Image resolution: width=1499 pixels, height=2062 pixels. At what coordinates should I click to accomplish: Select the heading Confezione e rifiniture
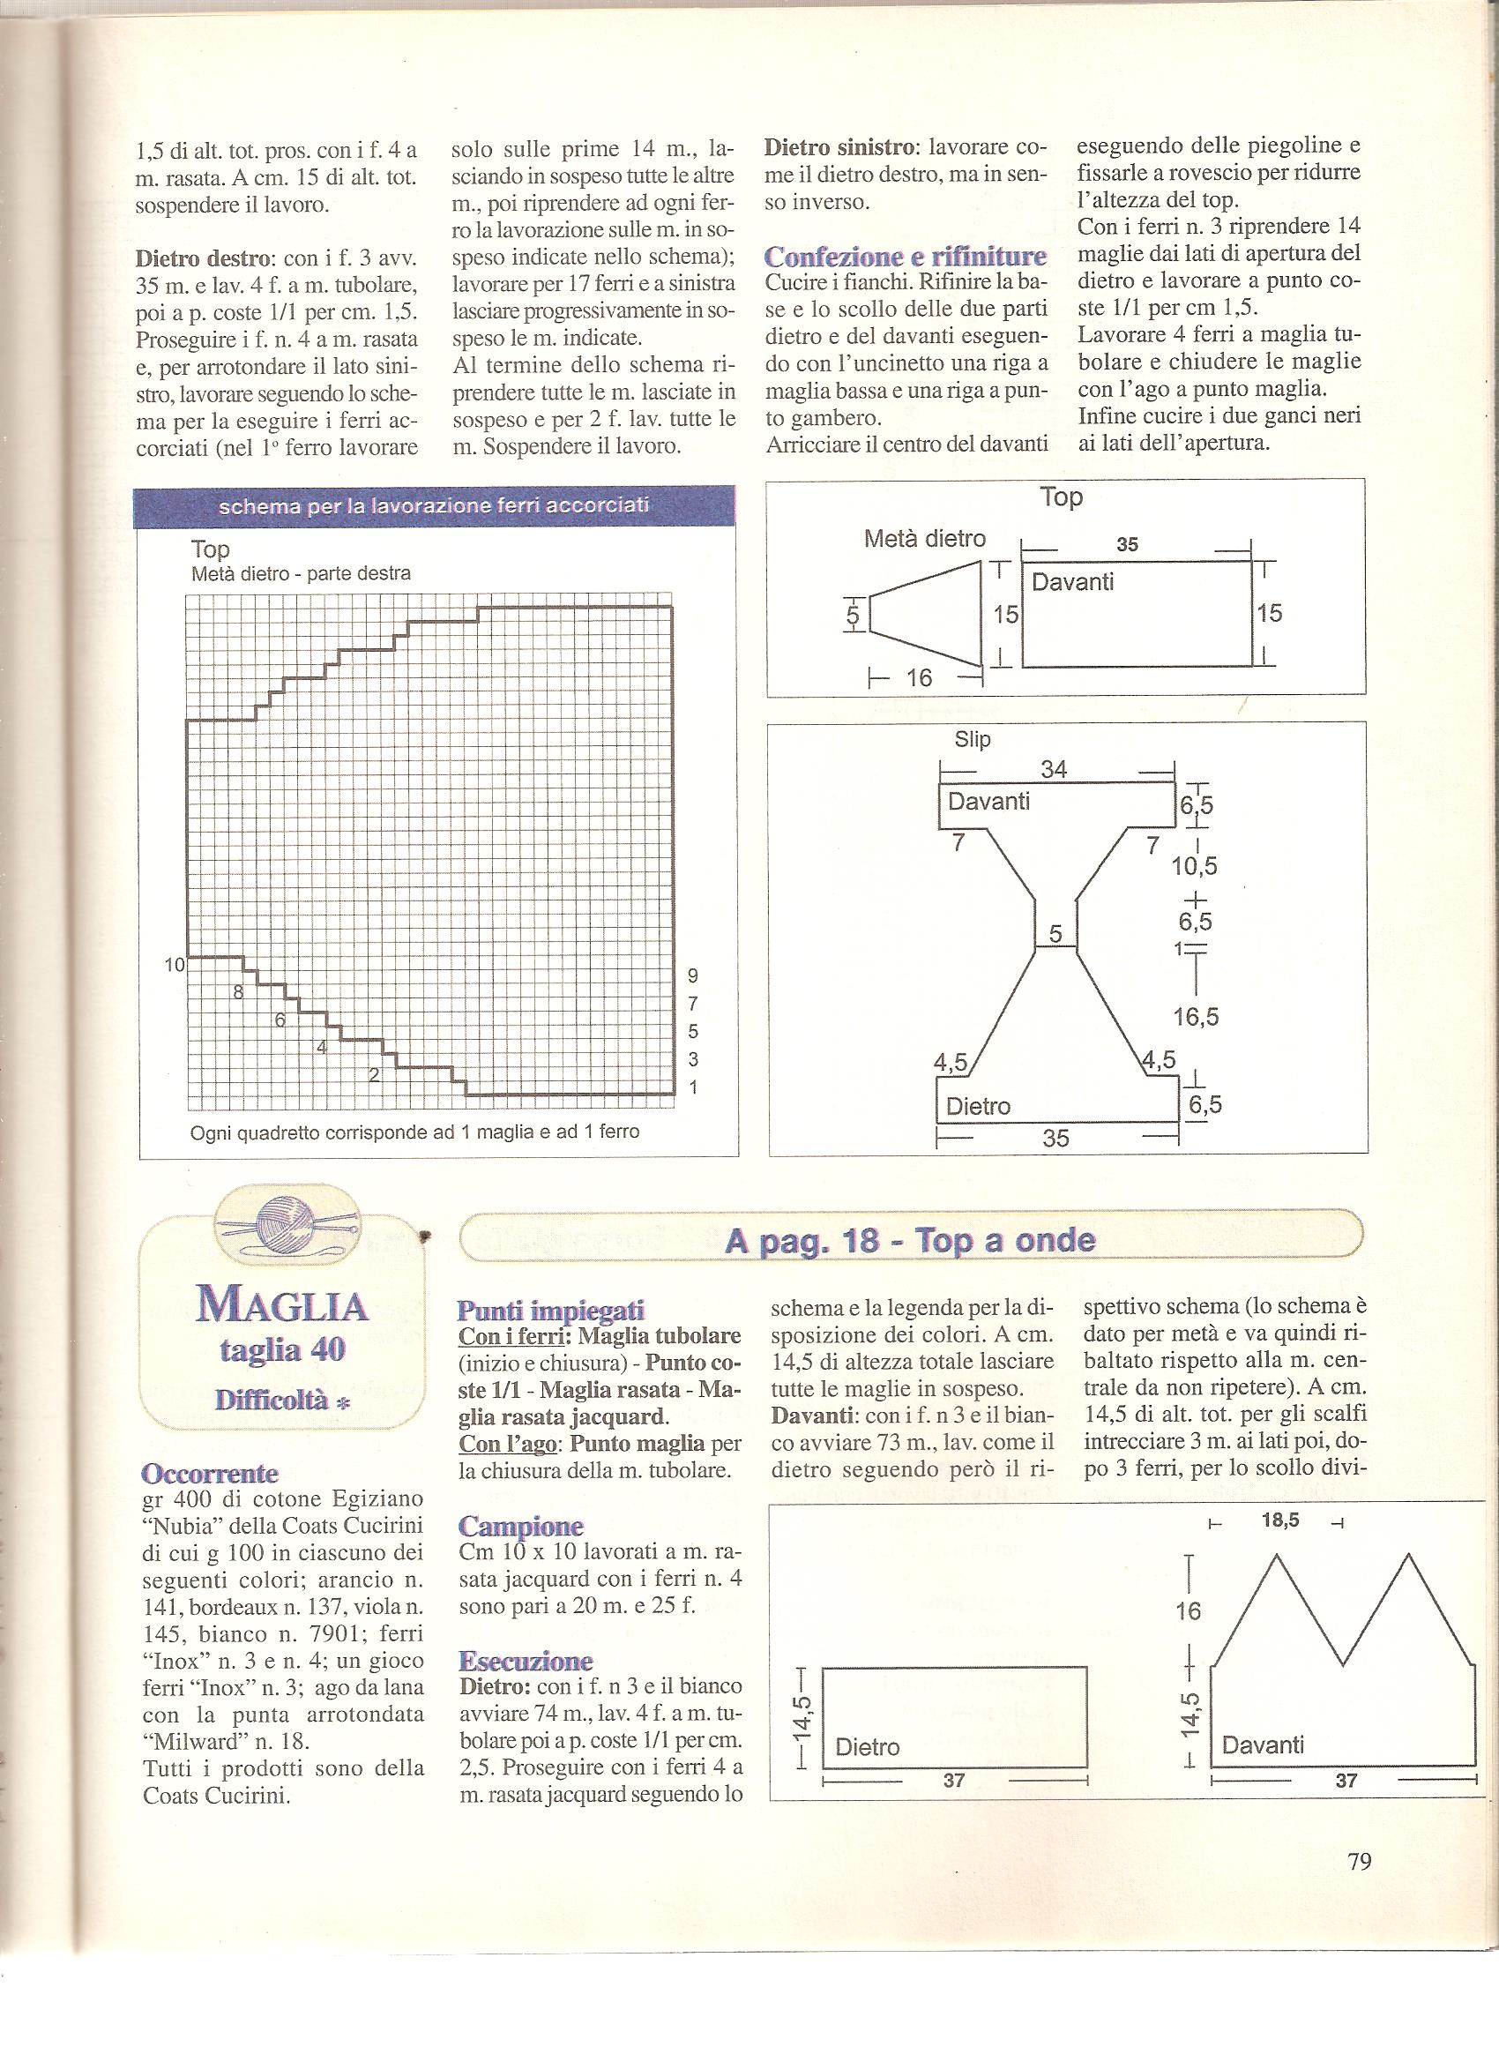pos(905,258)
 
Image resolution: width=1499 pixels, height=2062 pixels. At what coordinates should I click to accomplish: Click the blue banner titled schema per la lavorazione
pos(435,506)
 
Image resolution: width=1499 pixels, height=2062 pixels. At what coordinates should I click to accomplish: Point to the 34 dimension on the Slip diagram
pos(1054,769)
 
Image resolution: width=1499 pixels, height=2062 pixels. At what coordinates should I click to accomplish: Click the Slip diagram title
pos(972,740)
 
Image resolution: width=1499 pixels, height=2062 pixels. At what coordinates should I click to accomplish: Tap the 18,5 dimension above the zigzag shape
pos(1280,1521)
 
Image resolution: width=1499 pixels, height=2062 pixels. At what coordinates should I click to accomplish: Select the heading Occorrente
pos(210,1473)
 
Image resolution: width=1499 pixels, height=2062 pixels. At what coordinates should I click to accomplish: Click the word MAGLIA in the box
pos(282,1306)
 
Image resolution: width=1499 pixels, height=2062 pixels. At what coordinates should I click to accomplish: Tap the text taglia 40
pos(282,1351)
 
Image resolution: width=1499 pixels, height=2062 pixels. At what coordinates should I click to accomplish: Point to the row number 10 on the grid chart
pos(175,966)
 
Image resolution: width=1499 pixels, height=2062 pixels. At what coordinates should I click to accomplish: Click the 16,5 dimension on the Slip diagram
pos(1196,1017)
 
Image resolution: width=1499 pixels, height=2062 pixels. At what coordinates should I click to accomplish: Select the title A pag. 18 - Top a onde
pos(910,1240)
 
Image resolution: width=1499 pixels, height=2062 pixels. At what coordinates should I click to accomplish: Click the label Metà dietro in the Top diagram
pos(924,539)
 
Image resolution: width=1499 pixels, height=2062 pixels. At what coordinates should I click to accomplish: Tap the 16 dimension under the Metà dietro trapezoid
pos(919,677)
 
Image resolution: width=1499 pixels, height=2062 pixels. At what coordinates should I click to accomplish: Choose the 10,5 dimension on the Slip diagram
pos(1195,866)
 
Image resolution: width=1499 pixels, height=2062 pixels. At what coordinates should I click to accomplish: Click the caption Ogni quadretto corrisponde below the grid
pos(414,1132)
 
